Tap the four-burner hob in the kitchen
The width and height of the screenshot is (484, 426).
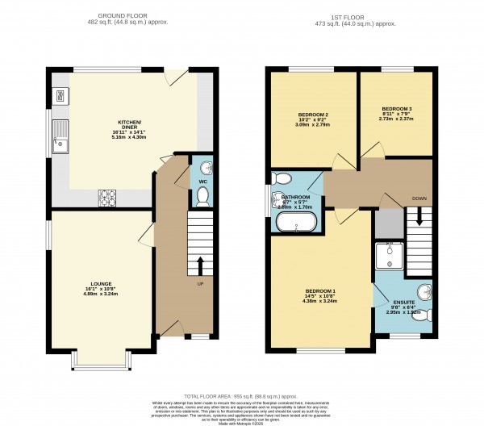(x=107, y=194)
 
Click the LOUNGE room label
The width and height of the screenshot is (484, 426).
(x=101, y=284)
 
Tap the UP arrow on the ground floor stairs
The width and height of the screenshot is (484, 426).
(x=200, y=264)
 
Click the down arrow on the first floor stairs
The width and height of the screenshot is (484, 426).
(x=418, y=216)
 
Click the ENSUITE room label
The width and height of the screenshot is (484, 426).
(x=401, y=305)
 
